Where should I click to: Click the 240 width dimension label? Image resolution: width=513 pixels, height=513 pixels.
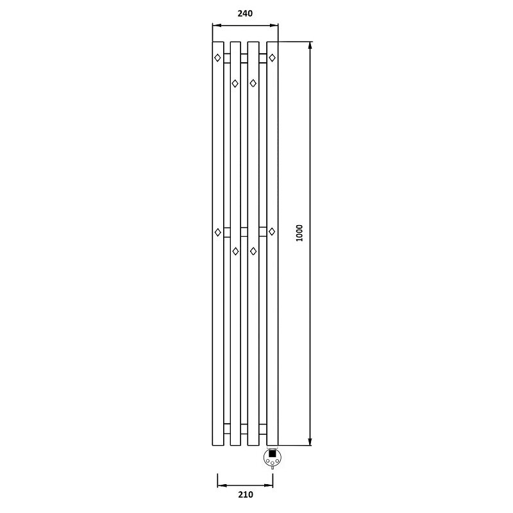245,13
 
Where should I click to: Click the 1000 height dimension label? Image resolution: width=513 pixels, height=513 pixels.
299,233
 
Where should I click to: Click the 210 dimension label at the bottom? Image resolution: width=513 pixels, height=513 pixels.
246,494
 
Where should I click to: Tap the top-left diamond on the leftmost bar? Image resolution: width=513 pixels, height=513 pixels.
217,58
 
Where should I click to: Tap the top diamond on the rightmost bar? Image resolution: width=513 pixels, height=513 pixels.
272,58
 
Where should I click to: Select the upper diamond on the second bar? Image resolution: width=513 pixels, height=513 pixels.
235,83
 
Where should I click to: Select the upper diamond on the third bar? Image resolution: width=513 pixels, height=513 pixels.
253,83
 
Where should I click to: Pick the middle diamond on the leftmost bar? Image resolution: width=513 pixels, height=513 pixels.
217,232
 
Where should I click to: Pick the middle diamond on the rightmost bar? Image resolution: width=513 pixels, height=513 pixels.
272,231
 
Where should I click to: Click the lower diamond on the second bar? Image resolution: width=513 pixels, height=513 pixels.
235,251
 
